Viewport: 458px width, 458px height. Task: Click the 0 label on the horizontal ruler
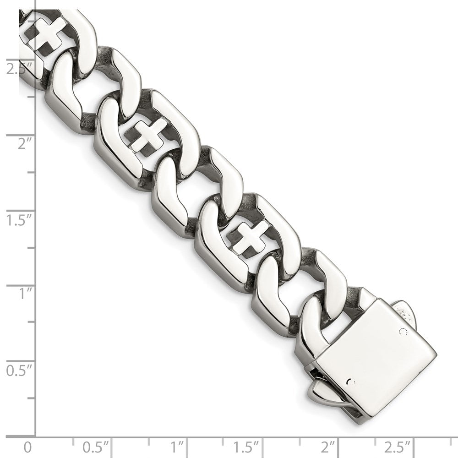click(x=28, y=447)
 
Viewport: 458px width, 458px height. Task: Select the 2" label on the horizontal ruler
click(x=328, y=447)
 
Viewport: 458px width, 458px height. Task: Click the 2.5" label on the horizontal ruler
click(x=398, y=447)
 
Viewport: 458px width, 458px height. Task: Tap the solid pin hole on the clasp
click(x=350, y=381)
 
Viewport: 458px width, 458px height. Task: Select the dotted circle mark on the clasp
click(x=403, y=331)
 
